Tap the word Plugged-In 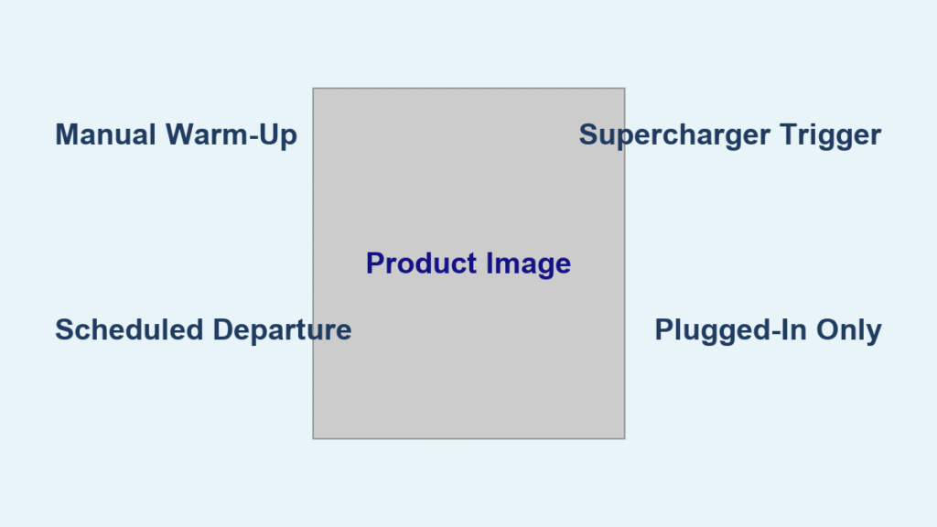click(734, 331)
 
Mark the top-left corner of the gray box click(313, 89)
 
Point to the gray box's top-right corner click(625, 89)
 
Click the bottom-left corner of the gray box click(313, 438)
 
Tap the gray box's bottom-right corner click(625, 438)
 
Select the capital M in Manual click(66, 135)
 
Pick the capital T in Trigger click(789, 135)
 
